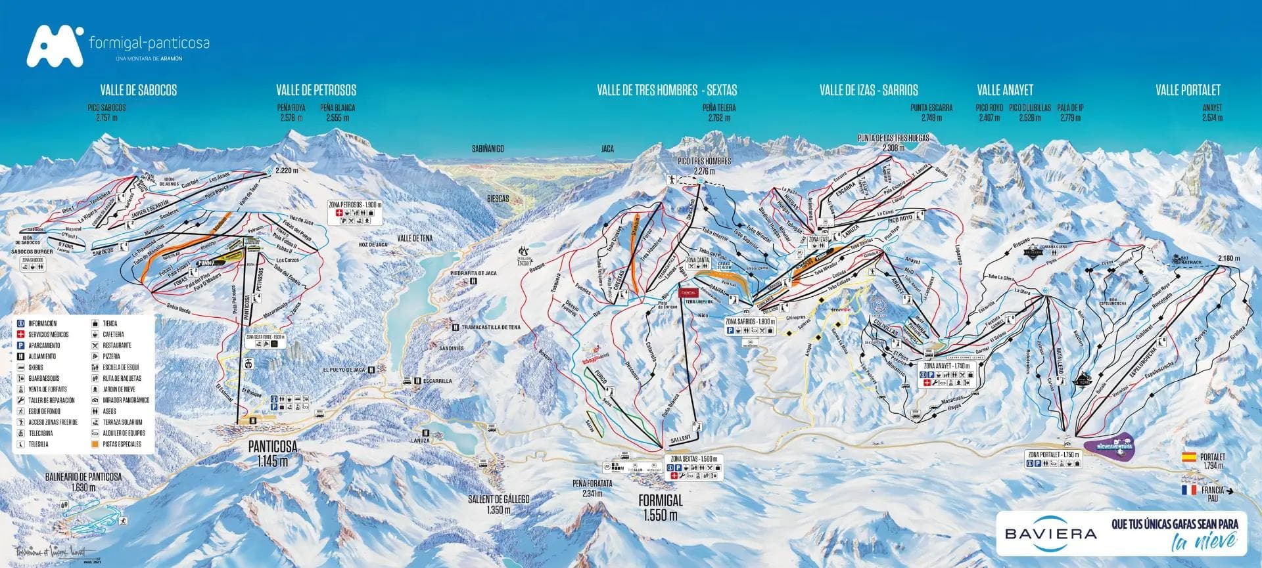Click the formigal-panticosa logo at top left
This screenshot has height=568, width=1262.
click(118, 46)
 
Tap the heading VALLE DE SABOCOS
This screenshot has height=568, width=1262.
click(138, 90)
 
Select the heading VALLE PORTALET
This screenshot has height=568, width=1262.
click(1188, 90)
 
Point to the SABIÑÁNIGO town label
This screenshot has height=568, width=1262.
click(487, 149)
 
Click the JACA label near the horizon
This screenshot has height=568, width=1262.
click(607, 149)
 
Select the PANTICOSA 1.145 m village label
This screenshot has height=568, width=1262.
click(272, 452)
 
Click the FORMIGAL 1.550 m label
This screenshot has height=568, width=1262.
click(661, 506)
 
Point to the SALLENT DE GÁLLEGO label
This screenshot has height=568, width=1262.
click(498, 504)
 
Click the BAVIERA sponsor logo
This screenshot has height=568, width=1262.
click(1050, 533)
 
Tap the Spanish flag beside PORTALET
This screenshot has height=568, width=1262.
click(1189, 456)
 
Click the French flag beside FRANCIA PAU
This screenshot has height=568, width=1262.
click(1189, 490)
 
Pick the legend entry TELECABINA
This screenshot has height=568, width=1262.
click(40, 433)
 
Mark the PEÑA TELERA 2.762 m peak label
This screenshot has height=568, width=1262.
click(719, 112)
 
